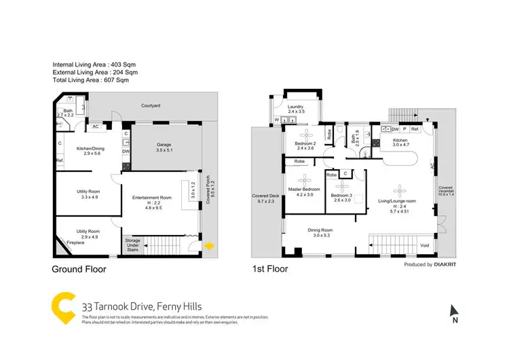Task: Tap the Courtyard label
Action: (150, 106)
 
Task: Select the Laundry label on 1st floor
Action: (295, 107)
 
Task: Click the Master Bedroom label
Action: (305, 189)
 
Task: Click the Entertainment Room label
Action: (151, 198)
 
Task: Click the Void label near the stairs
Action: (425, 245)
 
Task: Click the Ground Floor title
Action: (79, 269)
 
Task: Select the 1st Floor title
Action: (271, 269)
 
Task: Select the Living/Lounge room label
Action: (400, 201)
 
